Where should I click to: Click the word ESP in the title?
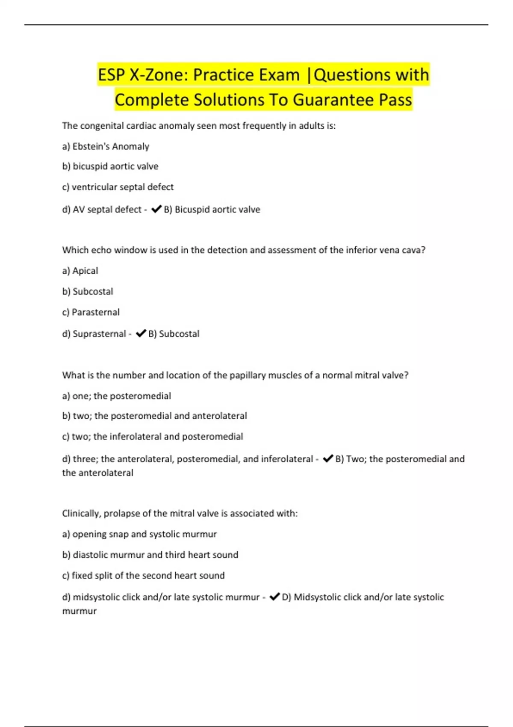111,75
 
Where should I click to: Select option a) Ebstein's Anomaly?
106,146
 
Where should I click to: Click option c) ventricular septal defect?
118,187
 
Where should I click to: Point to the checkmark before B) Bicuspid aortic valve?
156,209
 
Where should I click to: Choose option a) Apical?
80,271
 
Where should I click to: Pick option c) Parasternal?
91,312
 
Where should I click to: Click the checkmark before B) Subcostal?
141,334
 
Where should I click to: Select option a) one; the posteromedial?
116,396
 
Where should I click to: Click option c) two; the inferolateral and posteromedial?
152,437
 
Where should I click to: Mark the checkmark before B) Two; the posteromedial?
328,459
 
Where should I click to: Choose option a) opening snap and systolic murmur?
139,534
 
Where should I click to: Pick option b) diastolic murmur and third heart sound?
150,555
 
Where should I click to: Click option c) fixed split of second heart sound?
143,576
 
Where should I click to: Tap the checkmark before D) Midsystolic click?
274,597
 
